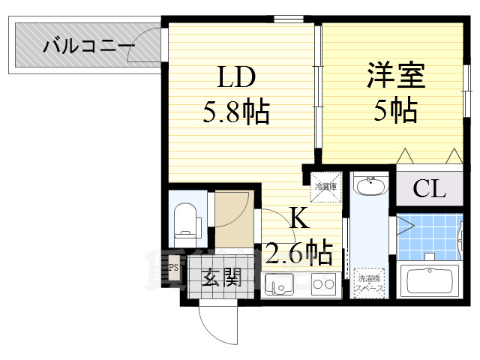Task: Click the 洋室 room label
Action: pyautogui.click(x=395, y=76)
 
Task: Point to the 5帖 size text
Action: pyautogui.click(x=395, y=112)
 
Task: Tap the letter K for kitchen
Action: pyautogui.click(x=298, y=218)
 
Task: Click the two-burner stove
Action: pyautogui.click(x=325, y=284)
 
